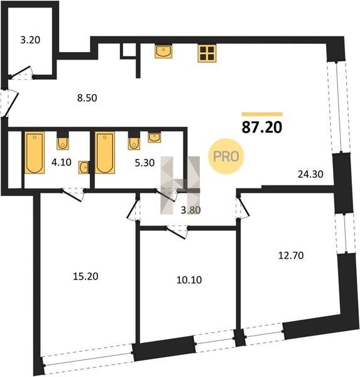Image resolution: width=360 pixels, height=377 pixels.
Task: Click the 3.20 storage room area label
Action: [30, 40]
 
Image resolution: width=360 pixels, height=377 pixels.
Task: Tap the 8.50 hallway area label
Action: [87, 98]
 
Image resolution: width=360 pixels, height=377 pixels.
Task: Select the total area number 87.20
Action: [261, 127]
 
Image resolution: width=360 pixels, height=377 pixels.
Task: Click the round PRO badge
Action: [226, 156]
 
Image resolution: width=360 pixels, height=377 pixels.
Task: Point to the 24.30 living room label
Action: [310, 174]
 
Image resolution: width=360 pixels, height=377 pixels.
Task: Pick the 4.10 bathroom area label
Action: [62, 162]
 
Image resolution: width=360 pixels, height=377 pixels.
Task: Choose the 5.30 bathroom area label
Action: [145, 163]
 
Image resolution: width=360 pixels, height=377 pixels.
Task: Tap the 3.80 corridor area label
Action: [191, 210]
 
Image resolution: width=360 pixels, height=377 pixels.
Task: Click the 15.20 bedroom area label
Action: [85, 276]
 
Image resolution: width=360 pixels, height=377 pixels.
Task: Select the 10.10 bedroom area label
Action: [189, 280]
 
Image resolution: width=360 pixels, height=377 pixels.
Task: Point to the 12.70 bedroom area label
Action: [291, 255]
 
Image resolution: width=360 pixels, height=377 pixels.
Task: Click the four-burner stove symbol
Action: [207, 53]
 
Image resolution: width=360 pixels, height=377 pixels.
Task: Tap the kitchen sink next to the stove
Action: [163, 52]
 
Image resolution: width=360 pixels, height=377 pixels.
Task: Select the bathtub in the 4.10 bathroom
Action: [35, 153]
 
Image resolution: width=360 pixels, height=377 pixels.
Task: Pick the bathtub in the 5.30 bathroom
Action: [105, 153]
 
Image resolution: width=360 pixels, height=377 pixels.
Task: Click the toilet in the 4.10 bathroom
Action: [63, 141]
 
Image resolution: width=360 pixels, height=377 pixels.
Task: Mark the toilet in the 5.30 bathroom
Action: [134, 141]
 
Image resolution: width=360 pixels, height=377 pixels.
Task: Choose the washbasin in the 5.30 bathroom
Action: [154, 137]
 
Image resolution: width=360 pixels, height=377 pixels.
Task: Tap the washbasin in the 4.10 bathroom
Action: [84, 168]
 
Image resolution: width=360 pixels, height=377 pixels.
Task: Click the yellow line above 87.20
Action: [262, 114]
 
